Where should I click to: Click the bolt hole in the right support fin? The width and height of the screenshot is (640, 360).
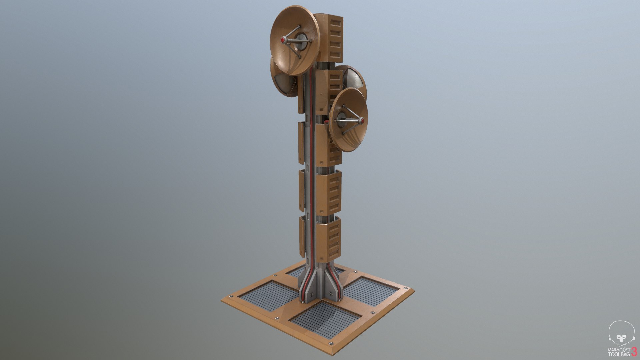(x=331, y=293)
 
